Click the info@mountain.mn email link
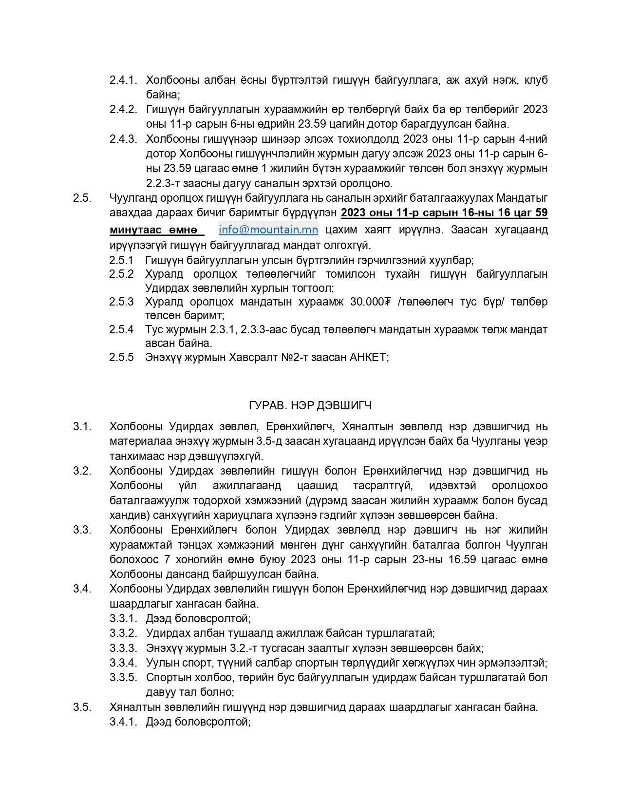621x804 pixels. click(268, 230)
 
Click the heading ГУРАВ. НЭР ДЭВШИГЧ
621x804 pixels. click(310, 405)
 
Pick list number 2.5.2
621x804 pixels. click(121, 274)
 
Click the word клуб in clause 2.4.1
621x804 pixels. click(536, 80)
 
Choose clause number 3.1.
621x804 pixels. click(82, 426)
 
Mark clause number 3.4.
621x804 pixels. click(82, 589)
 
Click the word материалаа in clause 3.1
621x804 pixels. click(138, 441)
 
